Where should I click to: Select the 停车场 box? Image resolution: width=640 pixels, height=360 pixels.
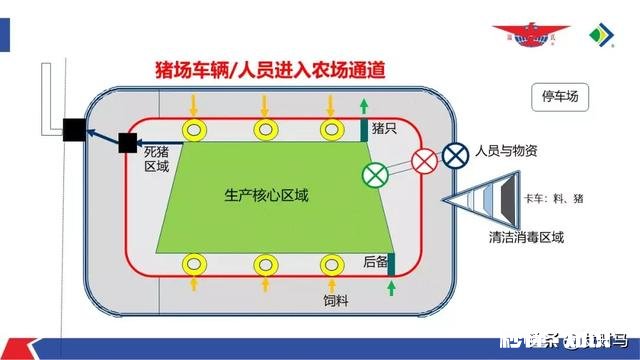click(560, 97)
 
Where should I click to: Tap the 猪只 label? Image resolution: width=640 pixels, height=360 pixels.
click(385, 129)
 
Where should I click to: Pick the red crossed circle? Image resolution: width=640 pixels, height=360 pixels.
click(424, 160)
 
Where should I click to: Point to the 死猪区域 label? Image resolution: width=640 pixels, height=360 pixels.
click(157, 158)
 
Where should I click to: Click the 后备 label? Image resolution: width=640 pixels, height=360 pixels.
click(374, 261)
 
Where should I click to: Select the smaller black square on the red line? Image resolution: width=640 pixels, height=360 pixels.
click(127, 143)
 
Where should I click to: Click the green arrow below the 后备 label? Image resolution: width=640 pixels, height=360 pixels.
click(390, 289)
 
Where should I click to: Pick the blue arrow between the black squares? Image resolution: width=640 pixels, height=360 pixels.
click(100, 136)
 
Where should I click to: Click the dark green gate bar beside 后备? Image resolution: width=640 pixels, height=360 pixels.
click(390, 263)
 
